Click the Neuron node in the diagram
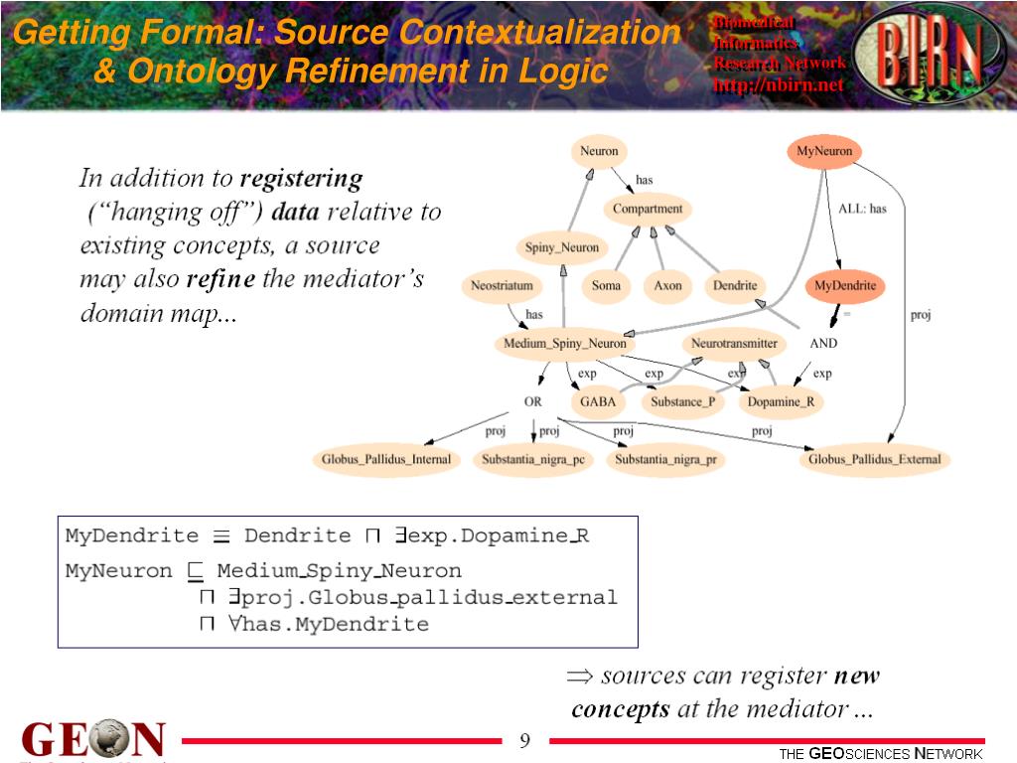[599, 152]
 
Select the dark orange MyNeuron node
[824, 152]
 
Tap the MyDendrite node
[845, 286]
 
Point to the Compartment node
[648, 210]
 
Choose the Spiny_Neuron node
[562, 248]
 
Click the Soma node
[606, 286]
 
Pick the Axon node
[668, 286]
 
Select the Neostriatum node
[502, 286]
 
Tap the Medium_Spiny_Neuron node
[565, 344]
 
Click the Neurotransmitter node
[734, 344]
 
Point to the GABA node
[599, 402]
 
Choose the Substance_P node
[681, 402]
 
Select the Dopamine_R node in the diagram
[781, 402]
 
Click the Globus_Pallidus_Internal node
[386, 460]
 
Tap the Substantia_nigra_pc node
[533, 460]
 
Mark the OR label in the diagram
[533, 402]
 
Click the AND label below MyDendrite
[823, 344]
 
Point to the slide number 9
[525, 740]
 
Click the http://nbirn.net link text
[778, 84]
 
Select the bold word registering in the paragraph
[302, 180]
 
